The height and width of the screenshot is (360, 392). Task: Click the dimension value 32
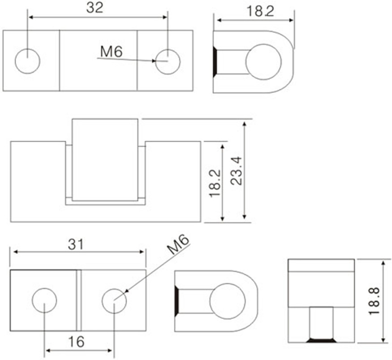click(x=95, y=8)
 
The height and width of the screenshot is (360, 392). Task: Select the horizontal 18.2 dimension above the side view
click(x=260, y=12)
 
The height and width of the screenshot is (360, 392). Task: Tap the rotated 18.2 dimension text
click(x=215, y=183)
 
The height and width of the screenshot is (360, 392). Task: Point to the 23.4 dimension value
click(x=236, y=171)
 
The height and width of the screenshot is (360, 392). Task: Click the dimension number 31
click(x=76, y=244)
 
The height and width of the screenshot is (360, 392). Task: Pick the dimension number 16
click(x=76, y=342)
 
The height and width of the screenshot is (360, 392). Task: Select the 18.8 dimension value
click(x=374, y=301)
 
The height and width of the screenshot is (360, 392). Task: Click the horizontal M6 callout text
click(x=112, y=52)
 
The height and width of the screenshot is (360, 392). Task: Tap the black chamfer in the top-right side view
click(x=215, y=61)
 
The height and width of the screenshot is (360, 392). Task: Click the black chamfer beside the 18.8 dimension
click(x=321, y=340)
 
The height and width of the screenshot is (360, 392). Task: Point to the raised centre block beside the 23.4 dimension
click(x=105, y=160)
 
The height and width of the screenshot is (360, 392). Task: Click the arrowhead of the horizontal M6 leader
click(x=154, y=61)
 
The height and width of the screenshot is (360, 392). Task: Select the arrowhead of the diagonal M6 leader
click(x=126, y=291)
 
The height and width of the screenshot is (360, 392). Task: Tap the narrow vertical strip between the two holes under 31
click(x=79, y=300)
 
